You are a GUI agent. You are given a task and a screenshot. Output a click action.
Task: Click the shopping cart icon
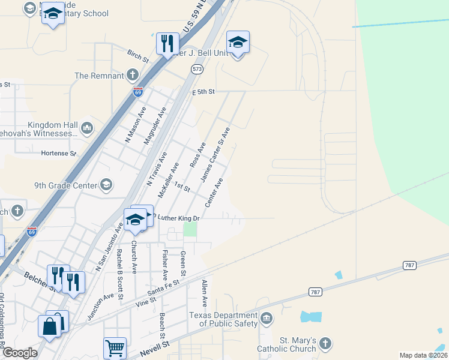tap(115, 347)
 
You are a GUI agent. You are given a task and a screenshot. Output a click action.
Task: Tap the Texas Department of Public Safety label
tap(223, 320)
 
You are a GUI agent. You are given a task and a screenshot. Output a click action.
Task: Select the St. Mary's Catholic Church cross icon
tap(325, 343)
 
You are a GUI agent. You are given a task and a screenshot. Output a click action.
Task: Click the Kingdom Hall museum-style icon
tap(87, 127)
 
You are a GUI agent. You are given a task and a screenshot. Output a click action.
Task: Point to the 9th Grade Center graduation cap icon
tap(106, 184)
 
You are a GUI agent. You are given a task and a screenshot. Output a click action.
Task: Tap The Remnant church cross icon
tap(133, 75)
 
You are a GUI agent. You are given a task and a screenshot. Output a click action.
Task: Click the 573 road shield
tap(197, 70)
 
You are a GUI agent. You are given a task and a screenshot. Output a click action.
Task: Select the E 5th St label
tap(203, 92)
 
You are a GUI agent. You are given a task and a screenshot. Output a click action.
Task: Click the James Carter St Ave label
tap(215, 154)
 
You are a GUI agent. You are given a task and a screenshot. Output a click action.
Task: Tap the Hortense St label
tap(58, 153)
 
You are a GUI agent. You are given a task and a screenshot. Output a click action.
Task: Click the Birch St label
tap(138, 56)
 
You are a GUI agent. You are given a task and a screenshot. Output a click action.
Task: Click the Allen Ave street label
tap(205, 293)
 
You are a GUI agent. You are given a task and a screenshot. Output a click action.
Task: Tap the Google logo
tap(19, 353)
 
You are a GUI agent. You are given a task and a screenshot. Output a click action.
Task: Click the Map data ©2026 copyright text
tap(423, 355)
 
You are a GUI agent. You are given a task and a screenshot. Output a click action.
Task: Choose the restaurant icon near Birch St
tap(167, 43)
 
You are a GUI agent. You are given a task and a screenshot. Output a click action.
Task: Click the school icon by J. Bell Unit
tap(238, 42)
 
